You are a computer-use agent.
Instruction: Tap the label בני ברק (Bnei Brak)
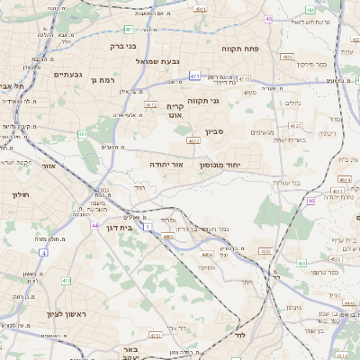tap(121, 46)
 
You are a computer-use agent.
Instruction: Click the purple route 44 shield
tap(95, 225)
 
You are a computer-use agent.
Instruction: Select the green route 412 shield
tap(66, 281)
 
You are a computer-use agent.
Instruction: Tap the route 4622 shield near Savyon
tap(193, 141)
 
